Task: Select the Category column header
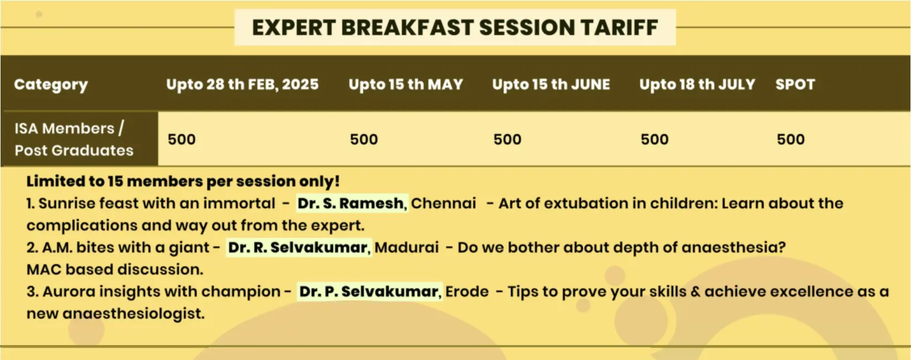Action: (51, 85)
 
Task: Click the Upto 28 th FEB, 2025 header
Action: (242, 84)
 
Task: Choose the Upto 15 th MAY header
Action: (406, 84)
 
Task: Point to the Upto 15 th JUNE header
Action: (551, 84)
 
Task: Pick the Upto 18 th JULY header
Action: (697, 84)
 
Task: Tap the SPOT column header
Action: (795, 84)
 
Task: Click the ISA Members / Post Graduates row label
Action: (74, 139)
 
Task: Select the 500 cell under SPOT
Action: (790, 139)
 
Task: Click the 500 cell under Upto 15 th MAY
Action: (364, 139)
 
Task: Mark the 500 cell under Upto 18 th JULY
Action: (654, 139)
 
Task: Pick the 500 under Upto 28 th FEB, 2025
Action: (182, 139)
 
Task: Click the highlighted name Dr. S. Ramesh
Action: (351, 203)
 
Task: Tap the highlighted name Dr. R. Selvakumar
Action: (298, 247)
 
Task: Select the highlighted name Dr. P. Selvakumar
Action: (368, 291)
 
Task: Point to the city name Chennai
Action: (443, 203)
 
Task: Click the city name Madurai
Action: (407, 247)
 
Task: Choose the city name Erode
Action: (467, 291)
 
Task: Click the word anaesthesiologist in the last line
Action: (133, 314)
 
